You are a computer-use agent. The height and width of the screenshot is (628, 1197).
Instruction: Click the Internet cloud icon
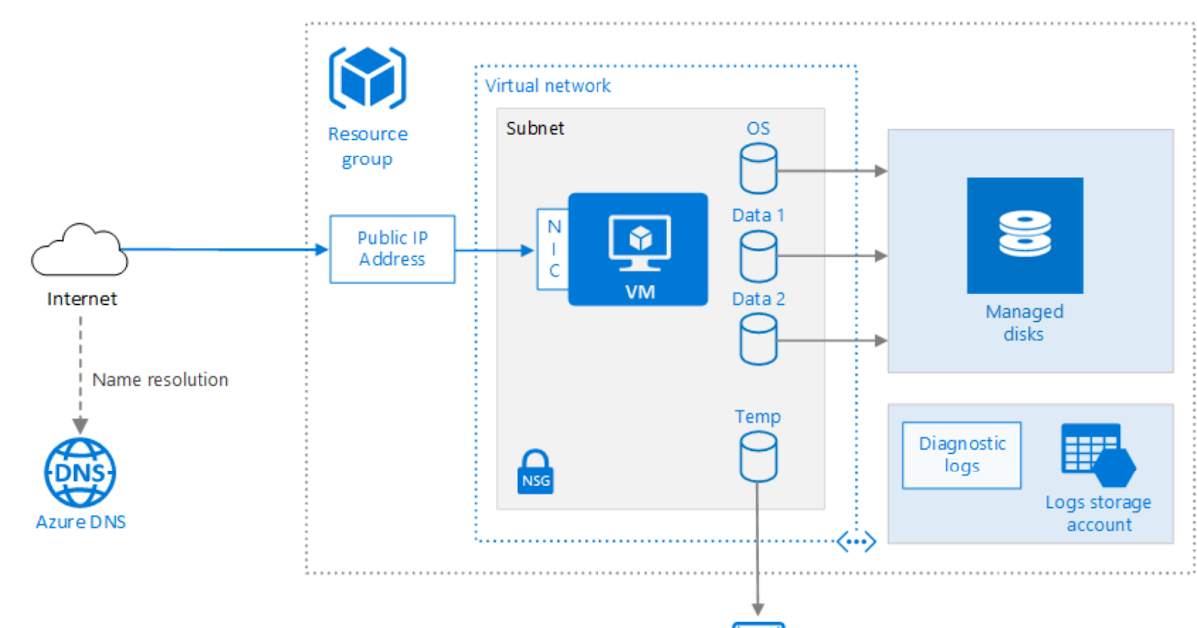(79, 250)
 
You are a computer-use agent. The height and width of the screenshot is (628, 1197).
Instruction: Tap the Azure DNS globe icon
(80, 472)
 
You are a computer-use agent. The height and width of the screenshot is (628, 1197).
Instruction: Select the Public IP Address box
(392, 249)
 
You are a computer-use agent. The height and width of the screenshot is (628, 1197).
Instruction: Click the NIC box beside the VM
(553, 249)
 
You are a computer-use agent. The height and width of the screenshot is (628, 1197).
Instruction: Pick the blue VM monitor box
(637, 249)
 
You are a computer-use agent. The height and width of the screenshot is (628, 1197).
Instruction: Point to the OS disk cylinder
(758, 168)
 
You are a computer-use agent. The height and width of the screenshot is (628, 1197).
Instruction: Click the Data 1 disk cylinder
(758, 256)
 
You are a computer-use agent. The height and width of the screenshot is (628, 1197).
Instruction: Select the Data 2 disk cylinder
(758, 338)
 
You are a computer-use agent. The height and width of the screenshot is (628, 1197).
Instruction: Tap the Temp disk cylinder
(758, 457)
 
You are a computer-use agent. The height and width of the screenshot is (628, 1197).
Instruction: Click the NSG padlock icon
(535, 471)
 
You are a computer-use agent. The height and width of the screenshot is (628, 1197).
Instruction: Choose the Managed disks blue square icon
(1024, 235)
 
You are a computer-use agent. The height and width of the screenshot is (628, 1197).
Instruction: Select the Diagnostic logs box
(962, 455)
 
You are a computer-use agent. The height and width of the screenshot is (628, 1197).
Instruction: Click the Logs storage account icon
(1098, 455)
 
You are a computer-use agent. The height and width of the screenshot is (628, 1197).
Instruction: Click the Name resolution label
(160, 380)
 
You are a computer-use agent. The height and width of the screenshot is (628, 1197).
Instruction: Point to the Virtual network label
(549, 85)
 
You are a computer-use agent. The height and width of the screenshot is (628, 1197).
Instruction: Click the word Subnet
(535, 128)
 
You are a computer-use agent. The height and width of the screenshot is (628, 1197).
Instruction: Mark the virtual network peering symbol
(856, 541)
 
